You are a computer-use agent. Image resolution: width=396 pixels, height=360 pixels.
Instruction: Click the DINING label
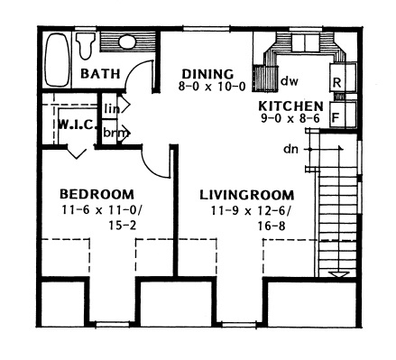[x=207, y=73]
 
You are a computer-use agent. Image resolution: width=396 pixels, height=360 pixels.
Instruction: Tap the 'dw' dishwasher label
[x=290, y=81]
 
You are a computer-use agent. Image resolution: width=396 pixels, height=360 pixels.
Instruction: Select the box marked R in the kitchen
[x=336, y=82]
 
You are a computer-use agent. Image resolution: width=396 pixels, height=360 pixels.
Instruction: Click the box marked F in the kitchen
[x=336, y=115]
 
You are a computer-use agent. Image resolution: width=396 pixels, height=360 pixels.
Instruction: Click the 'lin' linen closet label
[x=112, y=108]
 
